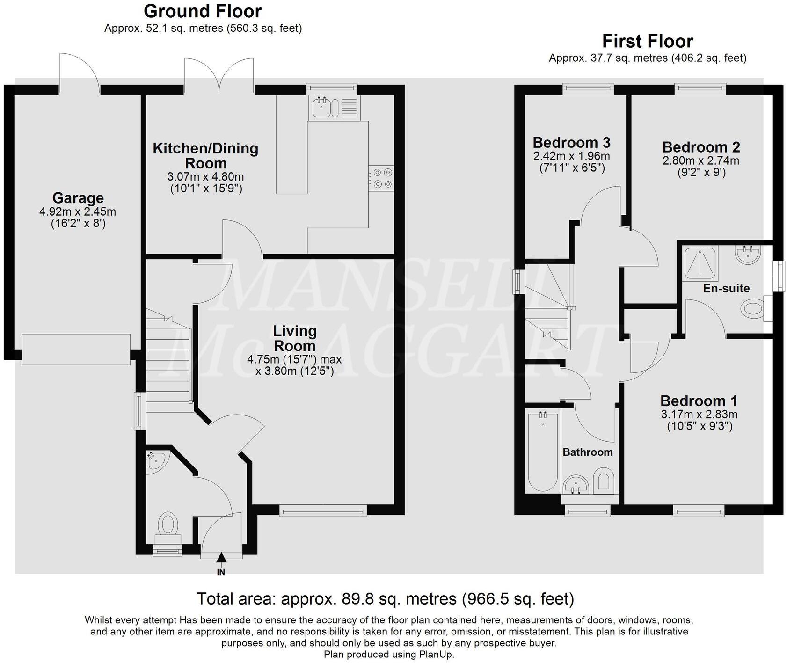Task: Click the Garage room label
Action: coord(78,197)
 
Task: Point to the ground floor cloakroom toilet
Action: coord(168,527)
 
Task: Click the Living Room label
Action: coord(295,338)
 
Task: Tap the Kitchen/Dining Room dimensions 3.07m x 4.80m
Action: coord(205,177)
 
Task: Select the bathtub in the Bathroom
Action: coord(543,452)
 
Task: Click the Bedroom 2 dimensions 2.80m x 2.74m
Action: coord(701,161)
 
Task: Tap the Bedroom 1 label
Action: coord(699,401)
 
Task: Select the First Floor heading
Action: coord(648,41)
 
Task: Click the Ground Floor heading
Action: coord(203,11)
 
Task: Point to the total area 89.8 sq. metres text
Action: coord(385,598)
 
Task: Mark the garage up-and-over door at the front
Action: coord(76,349)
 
